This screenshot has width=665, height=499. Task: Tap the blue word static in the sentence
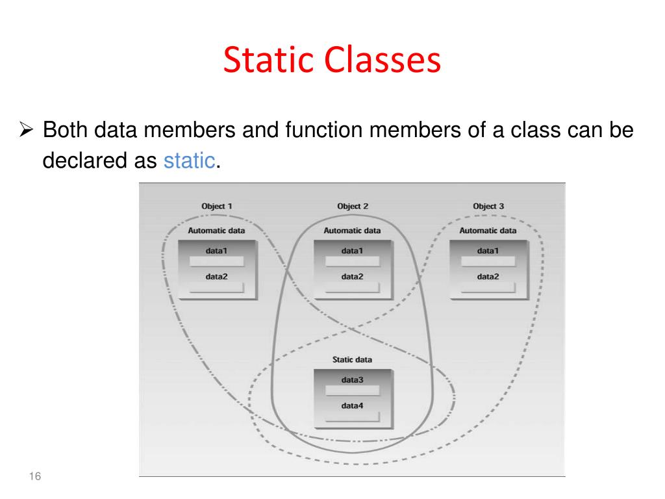[190, 160]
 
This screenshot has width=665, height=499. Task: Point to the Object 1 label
[217, 206]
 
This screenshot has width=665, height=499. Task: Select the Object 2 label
[353, 206]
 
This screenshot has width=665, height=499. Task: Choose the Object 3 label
[488, 206]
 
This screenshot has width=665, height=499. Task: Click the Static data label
[352, 359]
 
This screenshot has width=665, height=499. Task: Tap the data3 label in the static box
[352, 379]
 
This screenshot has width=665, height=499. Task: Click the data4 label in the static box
[352, 406]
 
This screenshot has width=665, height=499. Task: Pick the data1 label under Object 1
[217, 250]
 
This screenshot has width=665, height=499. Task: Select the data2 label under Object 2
[352, 276]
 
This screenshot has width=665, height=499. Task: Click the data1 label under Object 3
[488, 250]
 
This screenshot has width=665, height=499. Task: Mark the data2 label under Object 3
[488, 276]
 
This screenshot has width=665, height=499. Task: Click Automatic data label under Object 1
[217, 230]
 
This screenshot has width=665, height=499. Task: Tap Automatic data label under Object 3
[488, 230]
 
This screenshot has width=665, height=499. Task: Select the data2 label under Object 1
[217, 276]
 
